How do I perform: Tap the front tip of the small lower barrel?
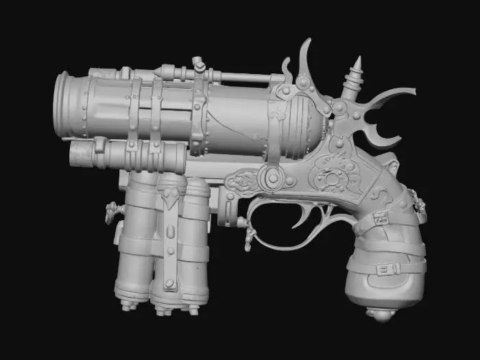73,155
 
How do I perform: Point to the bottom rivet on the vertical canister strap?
169,284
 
